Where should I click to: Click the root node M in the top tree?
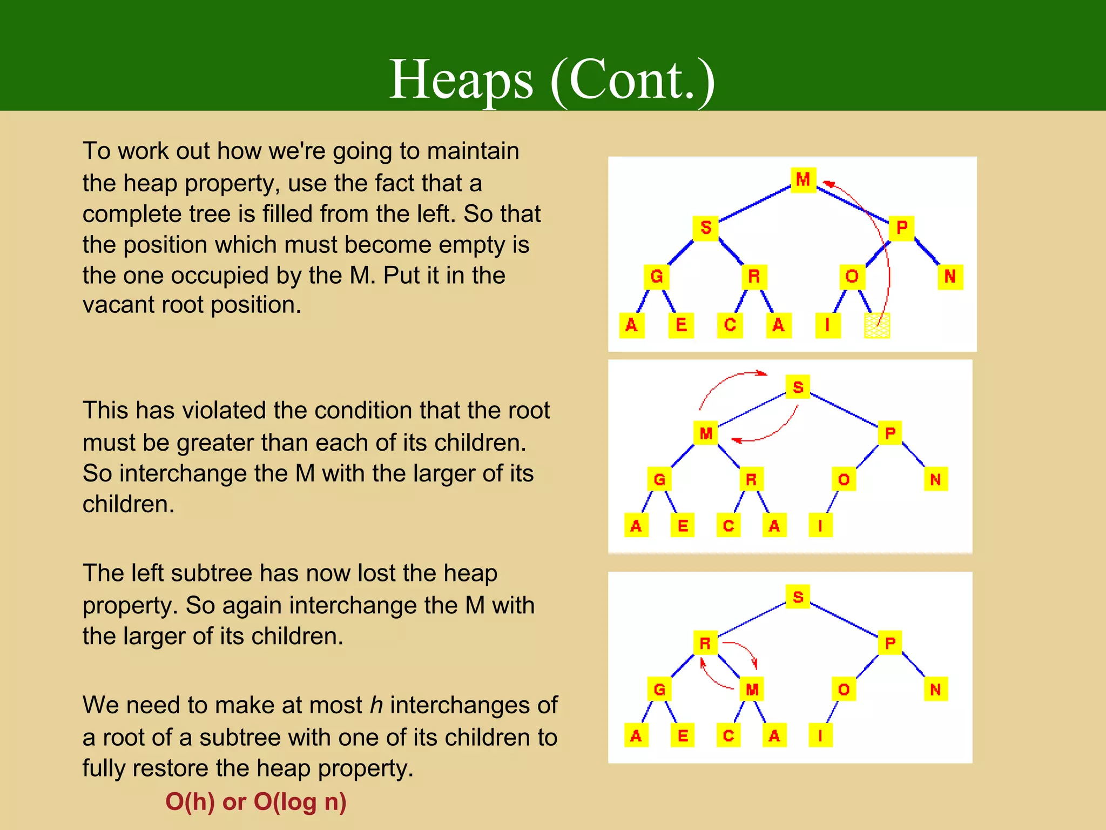pos(803,179)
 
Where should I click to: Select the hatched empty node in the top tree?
pos(876,325)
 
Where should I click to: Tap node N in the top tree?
pos(950,277)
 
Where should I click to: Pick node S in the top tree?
pos(705,227)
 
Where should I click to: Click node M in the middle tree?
pos(706,433)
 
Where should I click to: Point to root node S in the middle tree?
pos(798,387)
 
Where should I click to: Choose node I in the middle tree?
pos(820,526)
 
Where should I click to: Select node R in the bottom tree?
pos(705,643)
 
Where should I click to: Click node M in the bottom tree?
pos(752,690)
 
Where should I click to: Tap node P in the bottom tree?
pos(890,643)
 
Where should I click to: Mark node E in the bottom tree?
pos(683,735)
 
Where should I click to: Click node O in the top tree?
pos(852,277)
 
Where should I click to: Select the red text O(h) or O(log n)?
pos(255,801)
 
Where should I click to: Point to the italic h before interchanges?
pos(376,705)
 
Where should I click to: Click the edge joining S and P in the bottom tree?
pos(844,620)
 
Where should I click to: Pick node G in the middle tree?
pos(659,479)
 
